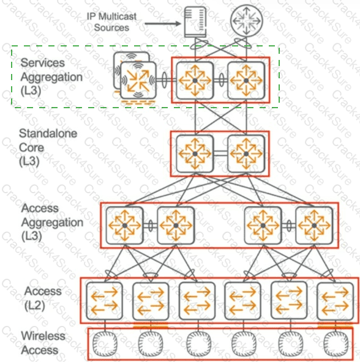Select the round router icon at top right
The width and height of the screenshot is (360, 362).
(x=244, y=22)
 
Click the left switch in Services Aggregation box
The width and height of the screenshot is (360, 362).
(x=195, y=80)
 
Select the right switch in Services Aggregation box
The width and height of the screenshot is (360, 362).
(x=246, y=80)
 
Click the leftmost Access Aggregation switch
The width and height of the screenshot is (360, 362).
(x=124, y=225)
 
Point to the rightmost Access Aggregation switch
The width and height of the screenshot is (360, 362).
(x=315, y=225)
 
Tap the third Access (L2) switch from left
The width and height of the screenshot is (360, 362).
(x=197, y=300)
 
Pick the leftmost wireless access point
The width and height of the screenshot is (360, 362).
(x=105, y=345)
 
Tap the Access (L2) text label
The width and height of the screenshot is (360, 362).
(x=43, y=298)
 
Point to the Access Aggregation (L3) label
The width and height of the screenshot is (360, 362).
(x=51, y=222)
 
